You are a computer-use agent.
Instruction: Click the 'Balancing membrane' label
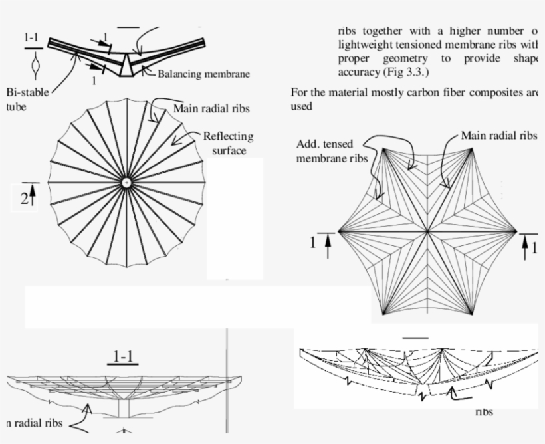pyautogui.click(x=203, y=74)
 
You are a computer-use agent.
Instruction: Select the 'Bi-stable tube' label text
pyautogui.click(x=26, y=99)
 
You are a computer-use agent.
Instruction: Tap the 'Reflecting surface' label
pyautogui.click(x=228, y=143)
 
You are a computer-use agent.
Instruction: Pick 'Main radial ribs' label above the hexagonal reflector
pyautogui.click(x=499, y=136)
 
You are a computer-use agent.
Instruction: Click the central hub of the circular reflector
pyautogui.click(x=126, y=182)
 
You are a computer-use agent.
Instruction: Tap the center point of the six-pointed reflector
pyautogui.click(x=427, y=231)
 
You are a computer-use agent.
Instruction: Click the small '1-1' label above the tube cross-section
pyautogui.click(x=32, y=39)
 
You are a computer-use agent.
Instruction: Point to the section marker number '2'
pyautogui.click(x=24, y=198)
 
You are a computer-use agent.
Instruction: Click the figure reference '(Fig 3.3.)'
pyautogui.click(x=405, y=72)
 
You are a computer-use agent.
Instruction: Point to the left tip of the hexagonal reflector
pyautogui.click(x=340, y=231)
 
